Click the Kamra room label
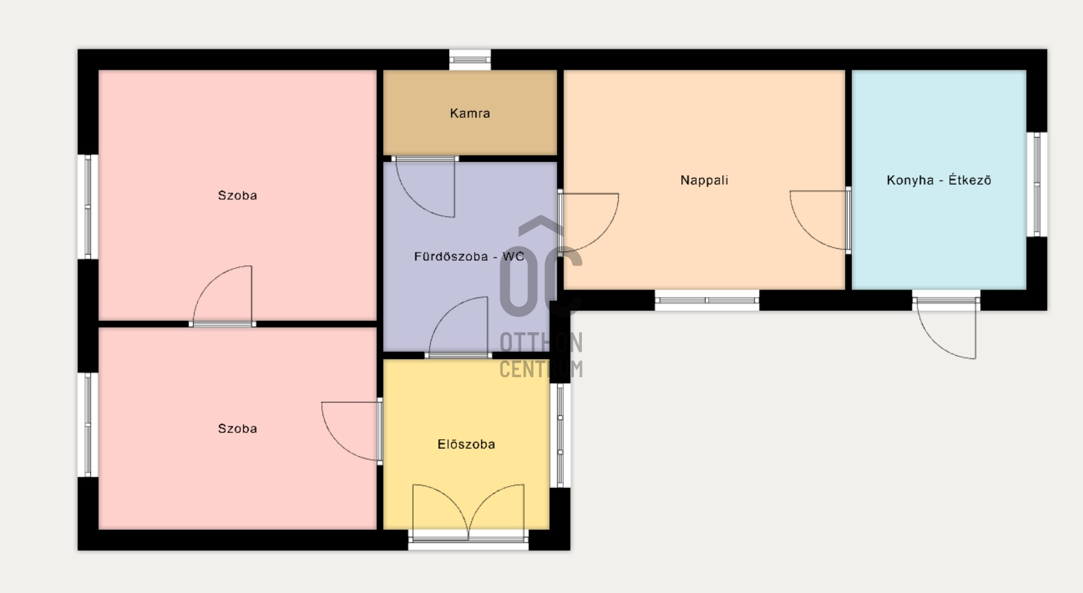(470, 113)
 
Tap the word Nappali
(704, 181)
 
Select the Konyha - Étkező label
(939, 180)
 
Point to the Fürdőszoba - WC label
(469, 256)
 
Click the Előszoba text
(466, 444)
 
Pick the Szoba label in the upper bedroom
(237, 195)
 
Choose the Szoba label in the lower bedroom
(237, 429)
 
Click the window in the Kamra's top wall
(470, 60)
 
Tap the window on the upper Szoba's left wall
(88, 207)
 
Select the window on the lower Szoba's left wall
(88, 425)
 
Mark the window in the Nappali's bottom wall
(707, 300)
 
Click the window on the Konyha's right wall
(1037, 185)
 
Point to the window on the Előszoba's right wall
(561, 435)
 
